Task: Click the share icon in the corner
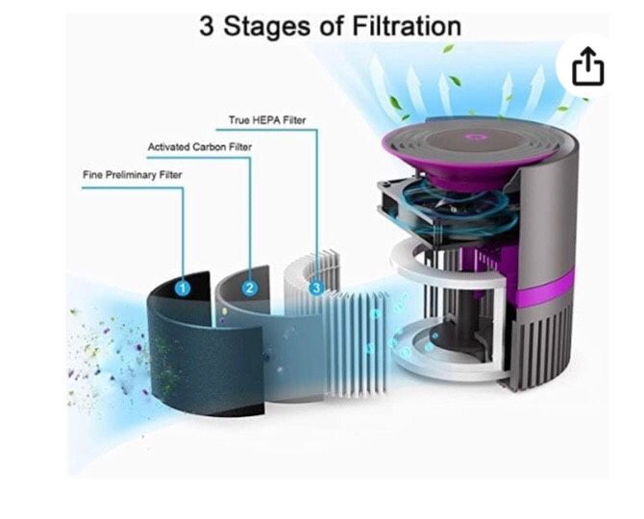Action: tap(587, 66)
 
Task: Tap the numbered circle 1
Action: tap(183, 288)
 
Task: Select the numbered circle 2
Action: tap(250, 287)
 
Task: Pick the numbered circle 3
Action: tap(316, 287)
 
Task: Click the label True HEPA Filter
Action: tap(267, 120)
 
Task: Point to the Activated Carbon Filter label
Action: tap(200, 147)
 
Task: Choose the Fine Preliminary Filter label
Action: tap(133, 175)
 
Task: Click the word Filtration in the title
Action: tap(407, 26)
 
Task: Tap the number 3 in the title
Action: tap(207, 26)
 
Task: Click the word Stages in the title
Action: tap(266, 27)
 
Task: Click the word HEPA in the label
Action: tap(266, 120)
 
